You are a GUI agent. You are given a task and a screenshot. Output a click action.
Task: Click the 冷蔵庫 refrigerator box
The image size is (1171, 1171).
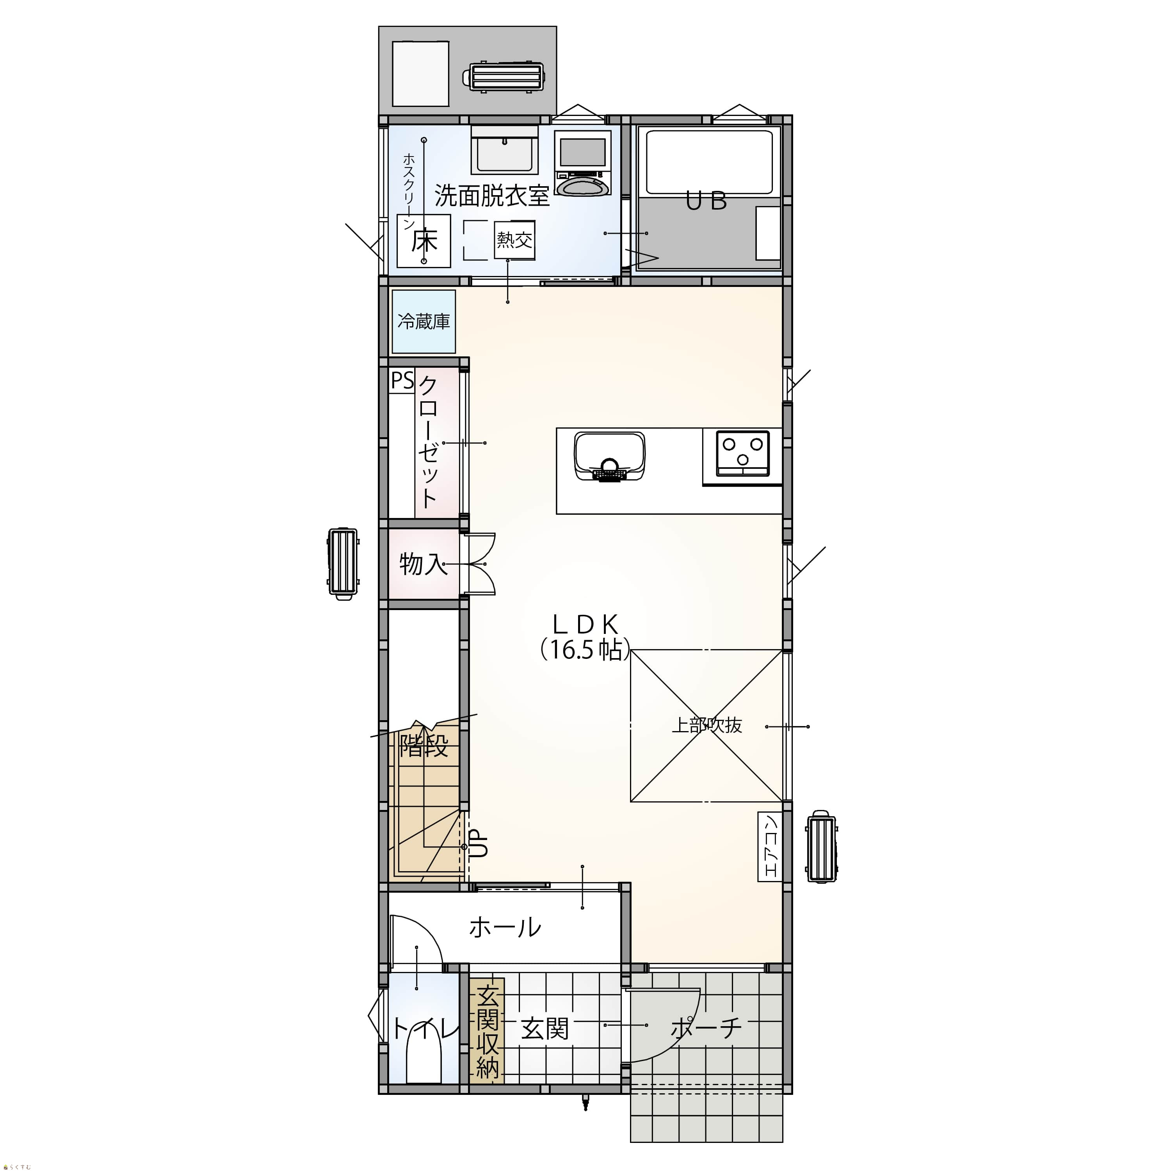(424, 321)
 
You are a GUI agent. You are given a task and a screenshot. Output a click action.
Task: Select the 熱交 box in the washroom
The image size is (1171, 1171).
(514, 240)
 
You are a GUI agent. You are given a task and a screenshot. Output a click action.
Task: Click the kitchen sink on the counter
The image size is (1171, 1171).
(609, 456)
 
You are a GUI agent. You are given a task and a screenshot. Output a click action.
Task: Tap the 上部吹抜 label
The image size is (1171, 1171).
(707, 726)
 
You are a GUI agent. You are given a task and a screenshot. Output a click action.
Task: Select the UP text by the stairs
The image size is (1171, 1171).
(479, 843)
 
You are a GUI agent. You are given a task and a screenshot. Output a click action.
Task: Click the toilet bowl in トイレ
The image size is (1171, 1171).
(423, 1055)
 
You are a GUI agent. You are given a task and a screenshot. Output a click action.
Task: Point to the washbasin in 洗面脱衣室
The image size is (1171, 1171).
(505, 150)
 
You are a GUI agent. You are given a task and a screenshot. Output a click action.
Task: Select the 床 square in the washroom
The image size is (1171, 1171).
(424, 240)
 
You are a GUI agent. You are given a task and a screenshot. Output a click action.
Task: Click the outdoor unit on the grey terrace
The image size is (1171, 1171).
(504, 77)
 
